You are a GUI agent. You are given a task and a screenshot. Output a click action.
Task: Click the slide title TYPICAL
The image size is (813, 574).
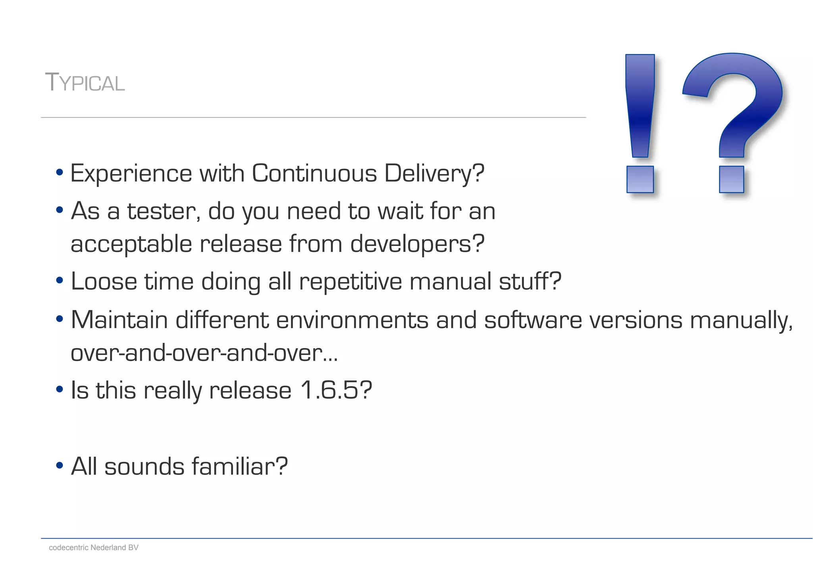point(85,83)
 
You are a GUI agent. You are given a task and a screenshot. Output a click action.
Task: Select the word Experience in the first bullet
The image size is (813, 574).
point(131,174)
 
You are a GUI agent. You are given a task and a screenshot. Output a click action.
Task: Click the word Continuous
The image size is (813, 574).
point(314,174)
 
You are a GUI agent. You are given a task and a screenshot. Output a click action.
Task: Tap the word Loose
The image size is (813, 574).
point(104,281)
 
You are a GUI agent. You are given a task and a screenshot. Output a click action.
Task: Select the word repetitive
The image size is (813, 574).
point(351,281)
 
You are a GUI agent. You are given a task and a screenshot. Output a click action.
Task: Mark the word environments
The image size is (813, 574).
point(352,320)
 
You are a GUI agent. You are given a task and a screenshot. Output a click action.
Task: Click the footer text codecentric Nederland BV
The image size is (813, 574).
point(94,547)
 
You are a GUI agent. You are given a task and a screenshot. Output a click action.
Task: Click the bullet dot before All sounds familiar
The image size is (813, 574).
point(60,465)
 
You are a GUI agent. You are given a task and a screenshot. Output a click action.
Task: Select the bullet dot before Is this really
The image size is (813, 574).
point(60,389)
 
